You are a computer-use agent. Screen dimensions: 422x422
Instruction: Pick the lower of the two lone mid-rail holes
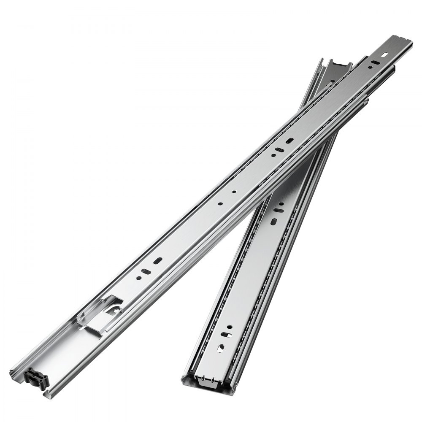[x=220, y=203]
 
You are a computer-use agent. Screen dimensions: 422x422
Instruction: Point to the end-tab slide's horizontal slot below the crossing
[x=278, y=210]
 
